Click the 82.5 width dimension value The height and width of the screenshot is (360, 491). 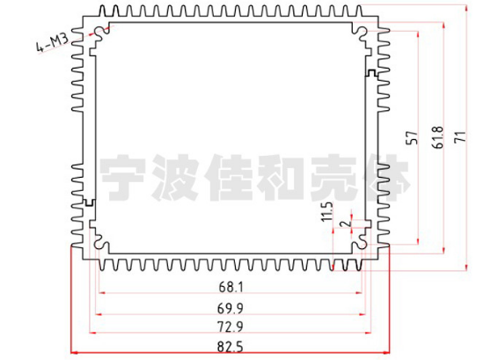tap(231, 347)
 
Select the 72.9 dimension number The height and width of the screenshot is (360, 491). tap(231, 327)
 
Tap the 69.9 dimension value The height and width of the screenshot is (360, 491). tap(231, 309)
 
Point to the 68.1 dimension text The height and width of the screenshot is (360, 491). tap(231, 287)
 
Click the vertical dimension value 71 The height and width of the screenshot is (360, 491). tap(460, 137)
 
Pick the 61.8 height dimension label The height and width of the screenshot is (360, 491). tap(437, 137)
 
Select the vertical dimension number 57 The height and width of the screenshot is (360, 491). tap(412, 138)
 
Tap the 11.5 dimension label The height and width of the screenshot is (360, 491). tap(327, 212)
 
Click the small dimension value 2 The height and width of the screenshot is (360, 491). tap(346, 224)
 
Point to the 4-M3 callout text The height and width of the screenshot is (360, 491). tap(52, 43)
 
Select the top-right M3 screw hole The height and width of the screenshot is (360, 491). tap(362, 32)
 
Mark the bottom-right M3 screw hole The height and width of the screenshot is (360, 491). tap(362, 244)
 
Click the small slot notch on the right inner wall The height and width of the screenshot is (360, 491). tap(371, 73)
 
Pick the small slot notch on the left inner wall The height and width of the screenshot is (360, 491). tap(90, 202)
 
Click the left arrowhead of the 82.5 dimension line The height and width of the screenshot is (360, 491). tap(74, 353)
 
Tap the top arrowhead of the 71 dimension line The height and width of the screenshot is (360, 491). tap(466, 9)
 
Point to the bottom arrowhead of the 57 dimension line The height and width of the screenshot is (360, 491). tap(418, 241)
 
